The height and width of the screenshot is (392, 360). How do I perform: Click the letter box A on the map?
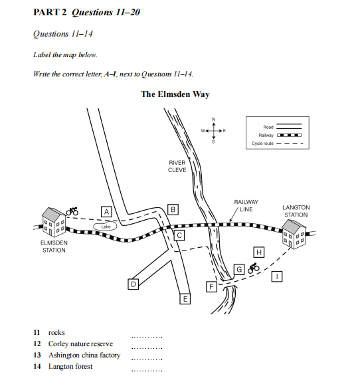[x=106, y=212]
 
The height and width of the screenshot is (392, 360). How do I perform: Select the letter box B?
[x=173, y=209]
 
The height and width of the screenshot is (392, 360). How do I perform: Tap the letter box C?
[x=179, y=235]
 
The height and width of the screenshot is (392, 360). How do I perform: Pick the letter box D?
[x=134, y=284]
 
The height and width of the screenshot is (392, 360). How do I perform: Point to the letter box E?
[x=185, y=299]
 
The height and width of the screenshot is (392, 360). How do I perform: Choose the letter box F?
[x=211, y=287]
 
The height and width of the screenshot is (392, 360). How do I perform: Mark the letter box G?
[x=239, y=270]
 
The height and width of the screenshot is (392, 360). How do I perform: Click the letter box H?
[x=259, y=252]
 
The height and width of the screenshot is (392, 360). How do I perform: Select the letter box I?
[x=277, y=276]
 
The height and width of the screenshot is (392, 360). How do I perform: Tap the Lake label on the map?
[x=106, y=227]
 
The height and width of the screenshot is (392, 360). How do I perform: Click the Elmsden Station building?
[x=54, y=222]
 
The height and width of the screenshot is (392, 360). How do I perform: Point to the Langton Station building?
[x=294, y=235]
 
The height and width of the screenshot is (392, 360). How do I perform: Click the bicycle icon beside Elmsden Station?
[x=72, y=211]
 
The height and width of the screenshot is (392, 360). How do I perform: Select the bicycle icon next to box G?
[x=254, y=268]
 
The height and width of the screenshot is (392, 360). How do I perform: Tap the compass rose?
[x=214, y=130]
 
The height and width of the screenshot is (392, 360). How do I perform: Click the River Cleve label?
[x=177, y=166]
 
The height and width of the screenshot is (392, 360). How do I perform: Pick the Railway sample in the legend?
[x=289, y=136]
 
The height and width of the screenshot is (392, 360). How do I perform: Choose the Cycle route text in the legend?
[x=262, y=144]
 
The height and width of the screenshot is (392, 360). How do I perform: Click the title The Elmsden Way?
[x=175, y=94]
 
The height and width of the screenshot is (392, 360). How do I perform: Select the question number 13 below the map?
[x=37, y=355]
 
